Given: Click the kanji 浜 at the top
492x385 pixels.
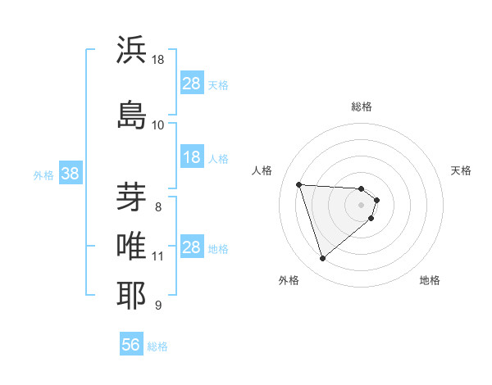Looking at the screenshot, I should click(131, 51).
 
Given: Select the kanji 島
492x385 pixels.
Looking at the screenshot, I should click(131, 112).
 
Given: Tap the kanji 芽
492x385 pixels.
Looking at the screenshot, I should click(131, 197).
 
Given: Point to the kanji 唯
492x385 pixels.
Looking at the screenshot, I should click(131, 245).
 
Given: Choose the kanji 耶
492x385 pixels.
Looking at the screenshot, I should click(131, 295).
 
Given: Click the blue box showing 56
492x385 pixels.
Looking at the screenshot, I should click(131, 345).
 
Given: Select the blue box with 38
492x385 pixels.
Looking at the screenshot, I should click(70, 174).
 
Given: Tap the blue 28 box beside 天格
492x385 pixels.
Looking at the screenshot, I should click(191, 84).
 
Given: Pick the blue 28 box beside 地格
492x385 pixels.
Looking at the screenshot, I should click(191, 247).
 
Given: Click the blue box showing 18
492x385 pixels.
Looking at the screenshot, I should click(191, 157).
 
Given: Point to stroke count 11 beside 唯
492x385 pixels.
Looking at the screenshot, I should click(158, 256).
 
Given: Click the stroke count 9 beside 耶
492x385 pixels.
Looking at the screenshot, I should click(157, 306).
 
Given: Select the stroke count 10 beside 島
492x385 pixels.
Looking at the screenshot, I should click(158, 125).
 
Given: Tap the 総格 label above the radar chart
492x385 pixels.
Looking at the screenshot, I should click(362, 106).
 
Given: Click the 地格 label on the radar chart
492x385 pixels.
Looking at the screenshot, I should click(430, 280).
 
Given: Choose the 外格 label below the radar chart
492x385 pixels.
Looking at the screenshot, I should click(289, 280).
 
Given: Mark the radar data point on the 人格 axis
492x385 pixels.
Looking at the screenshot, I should click(298, 184).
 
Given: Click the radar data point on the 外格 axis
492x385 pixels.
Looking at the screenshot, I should click(322, 259).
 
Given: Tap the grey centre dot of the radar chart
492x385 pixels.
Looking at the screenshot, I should click(362, 204).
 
